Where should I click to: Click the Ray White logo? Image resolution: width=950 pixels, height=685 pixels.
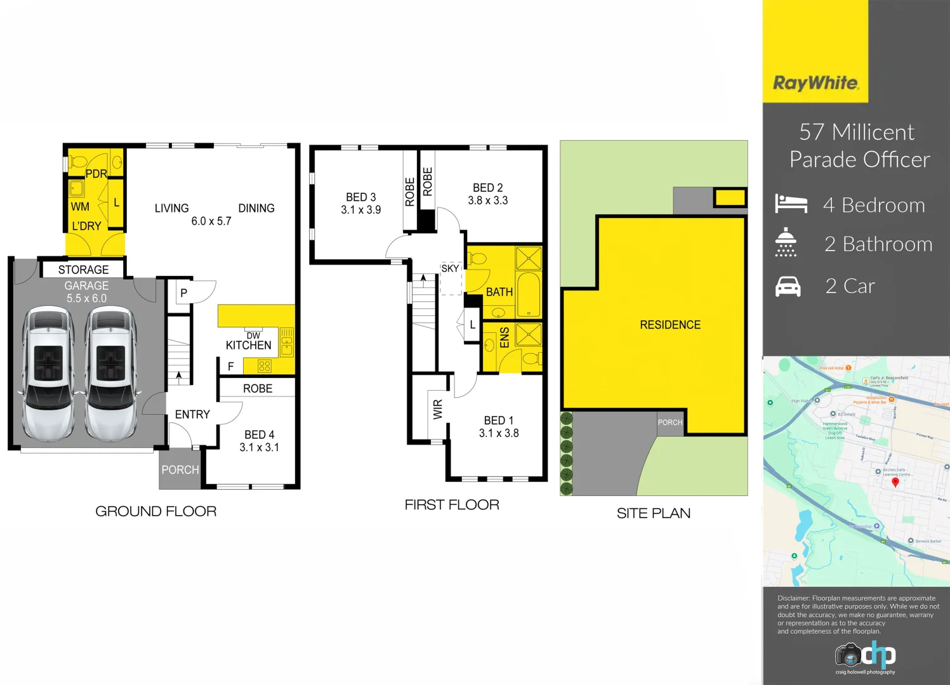(815, 83)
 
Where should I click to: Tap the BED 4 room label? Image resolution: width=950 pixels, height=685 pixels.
(259, 435)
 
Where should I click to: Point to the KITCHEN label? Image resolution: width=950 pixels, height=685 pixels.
(249, 346)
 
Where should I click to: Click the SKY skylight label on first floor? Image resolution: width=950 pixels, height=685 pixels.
(450, 268)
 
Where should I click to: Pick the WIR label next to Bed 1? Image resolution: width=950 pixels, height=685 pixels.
(438, 410)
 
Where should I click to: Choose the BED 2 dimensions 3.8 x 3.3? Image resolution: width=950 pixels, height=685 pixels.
(487, 200)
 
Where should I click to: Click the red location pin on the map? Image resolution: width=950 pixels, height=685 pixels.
(895, 482)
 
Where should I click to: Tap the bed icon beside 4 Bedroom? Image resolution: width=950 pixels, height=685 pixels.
(791, 204)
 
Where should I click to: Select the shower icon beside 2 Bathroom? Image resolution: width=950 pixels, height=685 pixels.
(786, 242)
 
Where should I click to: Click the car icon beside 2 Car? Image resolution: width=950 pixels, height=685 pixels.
(788, 287)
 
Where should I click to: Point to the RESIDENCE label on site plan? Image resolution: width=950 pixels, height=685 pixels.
(670, 325)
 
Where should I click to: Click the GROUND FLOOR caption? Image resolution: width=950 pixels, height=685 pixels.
(155, 511)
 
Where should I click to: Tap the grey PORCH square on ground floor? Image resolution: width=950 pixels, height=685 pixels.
(180, 469)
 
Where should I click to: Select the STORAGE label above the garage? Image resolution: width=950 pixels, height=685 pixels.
(83, 270)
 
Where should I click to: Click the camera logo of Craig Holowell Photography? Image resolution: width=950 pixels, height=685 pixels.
(848, 655)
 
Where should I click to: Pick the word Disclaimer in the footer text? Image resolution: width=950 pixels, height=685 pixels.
(793, 598)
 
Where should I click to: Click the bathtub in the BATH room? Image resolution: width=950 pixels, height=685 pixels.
(529, 294)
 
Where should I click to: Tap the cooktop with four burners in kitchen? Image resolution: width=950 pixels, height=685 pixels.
(265, 366)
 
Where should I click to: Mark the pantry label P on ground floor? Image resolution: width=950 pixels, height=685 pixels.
(183, 293)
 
